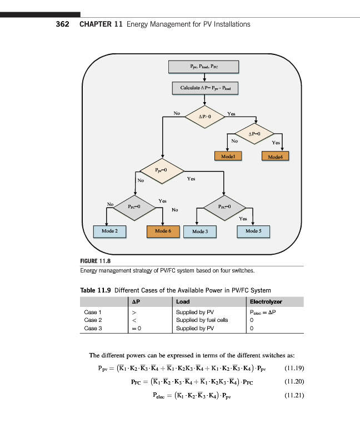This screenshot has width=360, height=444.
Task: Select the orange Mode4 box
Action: [x=275, y=157]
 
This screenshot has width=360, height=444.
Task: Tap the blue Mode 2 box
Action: [x=109, y=230]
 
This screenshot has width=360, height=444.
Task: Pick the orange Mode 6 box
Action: [x=163, y=230]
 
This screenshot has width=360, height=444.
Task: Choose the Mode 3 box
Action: [x=199, y=230]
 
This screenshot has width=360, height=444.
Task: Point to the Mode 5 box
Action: [x=253, y=230]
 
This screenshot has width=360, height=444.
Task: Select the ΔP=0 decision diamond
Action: [x=255, y=134]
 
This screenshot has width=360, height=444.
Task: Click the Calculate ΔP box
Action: [x=205, y=88]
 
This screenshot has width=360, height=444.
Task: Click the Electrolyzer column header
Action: [x=266, y=302]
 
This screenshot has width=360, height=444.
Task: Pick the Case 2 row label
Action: [x=93, y=320]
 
